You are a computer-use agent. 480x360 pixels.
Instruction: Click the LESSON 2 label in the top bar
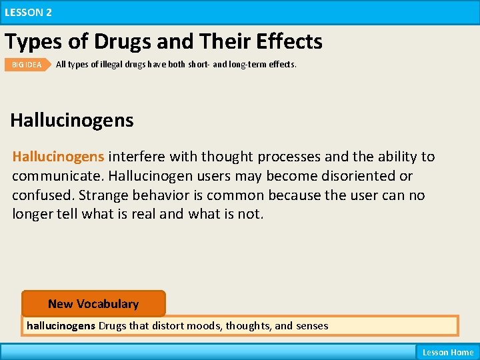point(28,12)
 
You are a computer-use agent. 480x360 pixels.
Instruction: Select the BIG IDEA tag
point(27,65)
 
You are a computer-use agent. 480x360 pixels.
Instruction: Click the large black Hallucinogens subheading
point(72,121)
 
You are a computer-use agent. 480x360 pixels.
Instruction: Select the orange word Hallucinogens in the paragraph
point(58,157)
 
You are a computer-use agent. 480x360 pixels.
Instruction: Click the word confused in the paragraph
point(41,195)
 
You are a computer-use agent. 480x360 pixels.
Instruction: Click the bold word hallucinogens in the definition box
point(61,326)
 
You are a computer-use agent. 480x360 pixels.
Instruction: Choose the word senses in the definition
point(311,326)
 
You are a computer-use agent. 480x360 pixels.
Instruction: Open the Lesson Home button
point(447,352)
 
